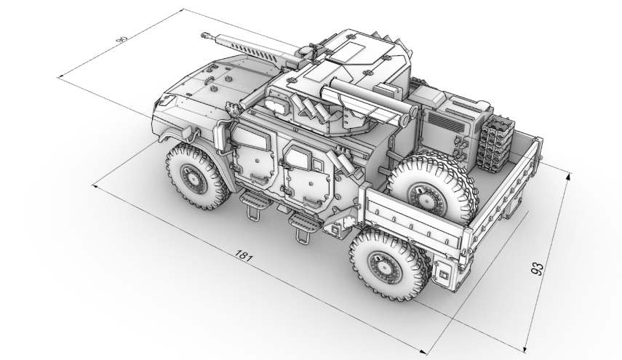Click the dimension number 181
click(244, 255)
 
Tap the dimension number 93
click(537, 269)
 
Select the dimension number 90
click(121, 39)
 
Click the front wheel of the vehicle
click(196, 175)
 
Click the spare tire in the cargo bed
click(431, 192)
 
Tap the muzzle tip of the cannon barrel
click(204, 36)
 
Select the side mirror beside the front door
click(220, 136)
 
